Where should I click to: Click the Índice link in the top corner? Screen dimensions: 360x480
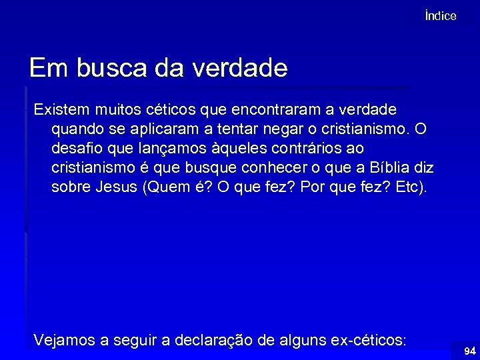click(x=440, y=16)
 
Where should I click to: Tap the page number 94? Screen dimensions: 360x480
click(x=470, y=351)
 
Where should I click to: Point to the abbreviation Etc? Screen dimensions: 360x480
click(x=409, y=186)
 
